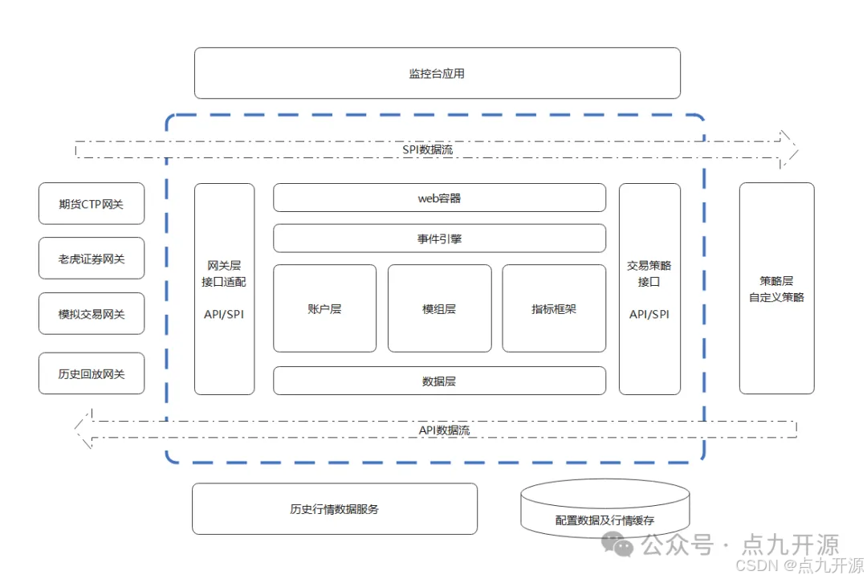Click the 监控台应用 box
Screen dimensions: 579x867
click(437, 73)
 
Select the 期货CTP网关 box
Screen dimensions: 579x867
click(92, 204)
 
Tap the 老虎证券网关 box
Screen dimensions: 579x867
click(92, 259)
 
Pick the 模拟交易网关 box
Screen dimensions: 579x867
click(92, 314)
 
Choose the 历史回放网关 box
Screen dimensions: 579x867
click(92, 373)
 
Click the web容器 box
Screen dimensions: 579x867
click(439, 198)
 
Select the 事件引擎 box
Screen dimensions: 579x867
click(439, 239)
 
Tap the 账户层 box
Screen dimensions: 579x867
click(324, 308)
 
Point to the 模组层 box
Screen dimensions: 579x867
click(439, 308)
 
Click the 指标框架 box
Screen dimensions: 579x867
click(554, 308)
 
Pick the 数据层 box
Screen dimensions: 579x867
click(439, 381)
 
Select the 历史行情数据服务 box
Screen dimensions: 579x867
click(334, 508)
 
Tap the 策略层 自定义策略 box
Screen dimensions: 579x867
click(776, 288)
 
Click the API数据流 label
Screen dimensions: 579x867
click(444, 430)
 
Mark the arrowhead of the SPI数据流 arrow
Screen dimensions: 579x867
click(789, 149)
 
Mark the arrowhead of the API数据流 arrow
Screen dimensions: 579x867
click(83, 430)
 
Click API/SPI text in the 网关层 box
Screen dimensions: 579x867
click(224, 314)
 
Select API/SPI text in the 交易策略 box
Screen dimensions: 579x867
click(649, 314)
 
